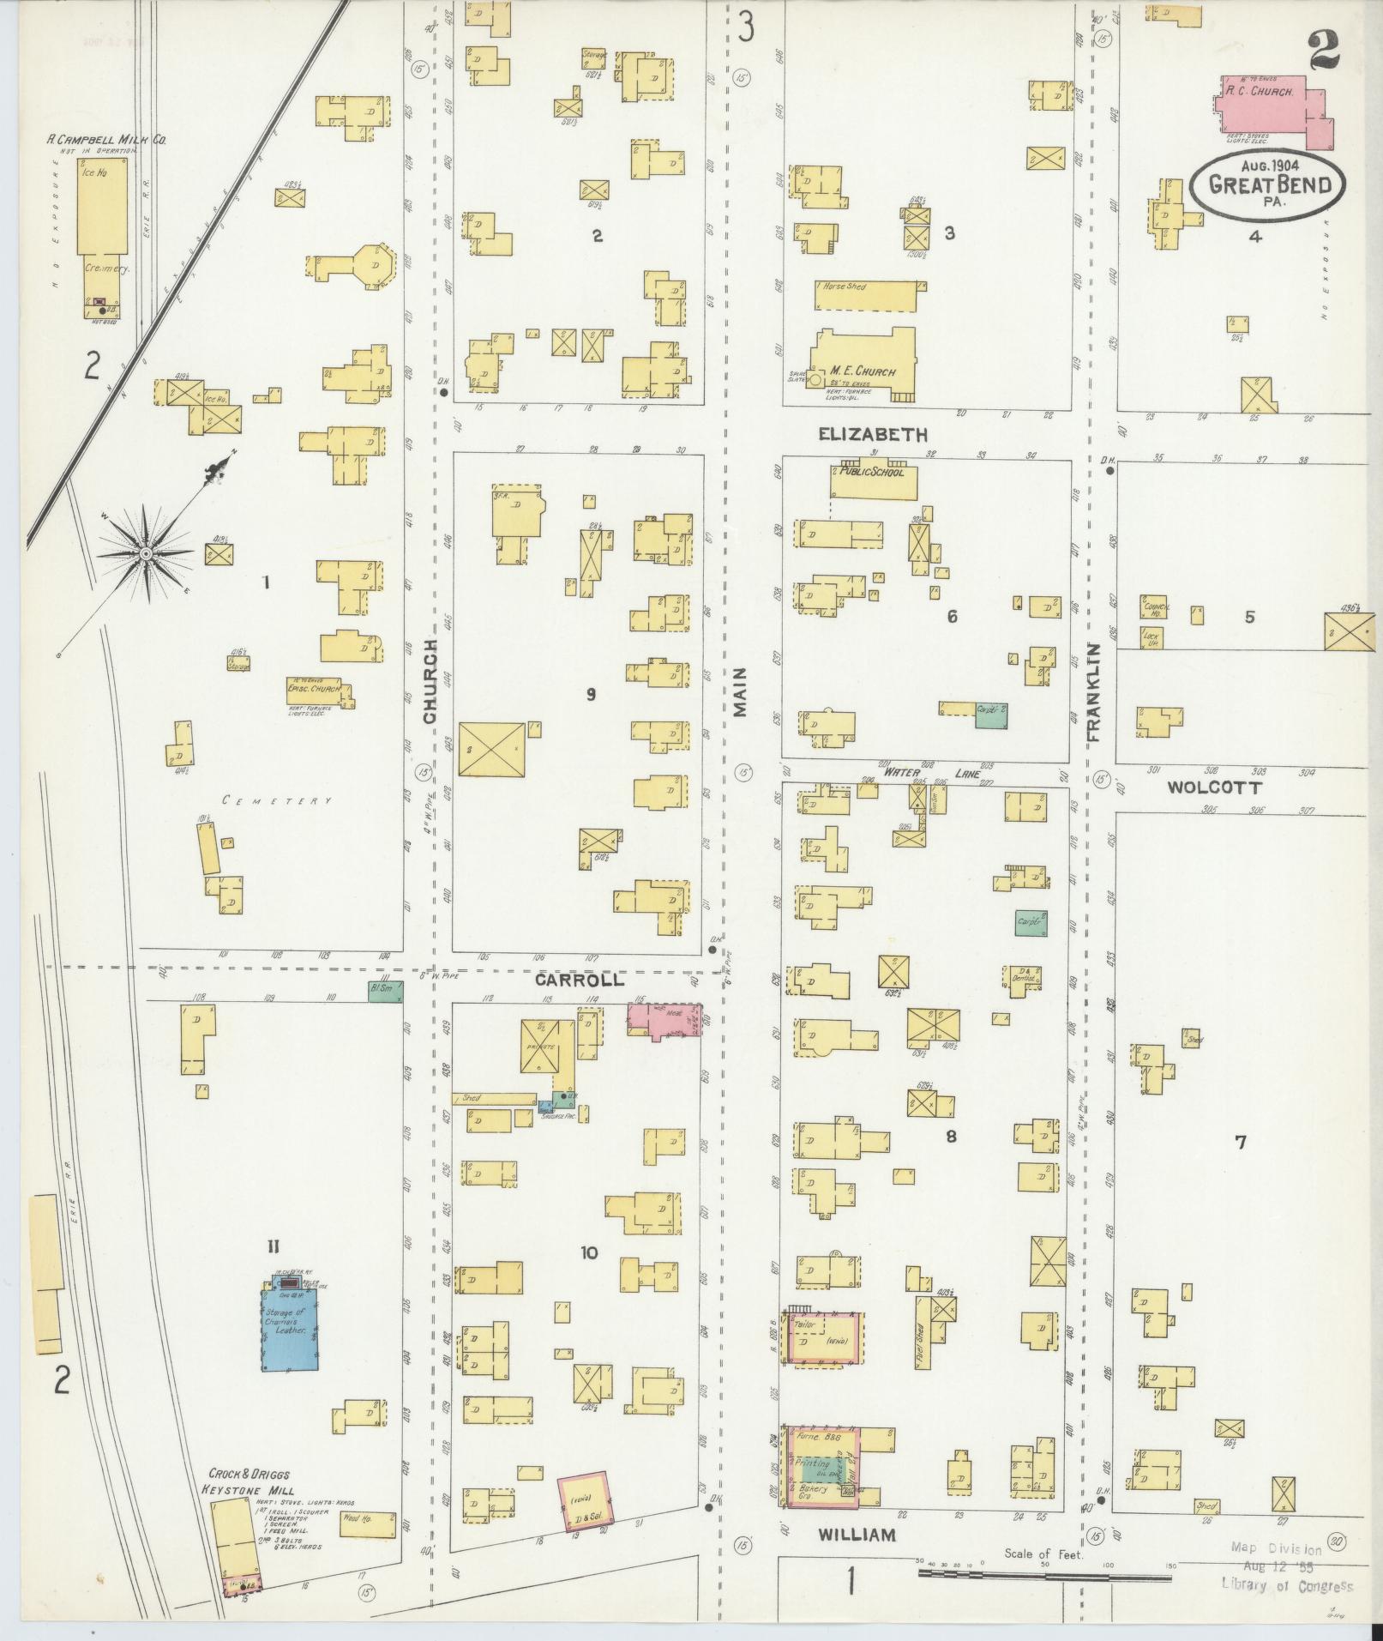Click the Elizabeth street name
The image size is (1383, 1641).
pos(873,434)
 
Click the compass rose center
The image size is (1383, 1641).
pos(147,554)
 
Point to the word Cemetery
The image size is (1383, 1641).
pos(276,800)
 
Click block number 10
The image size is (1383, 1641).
pos(588,1252)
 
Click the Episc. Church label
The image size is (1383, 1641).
pos(315,689)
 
